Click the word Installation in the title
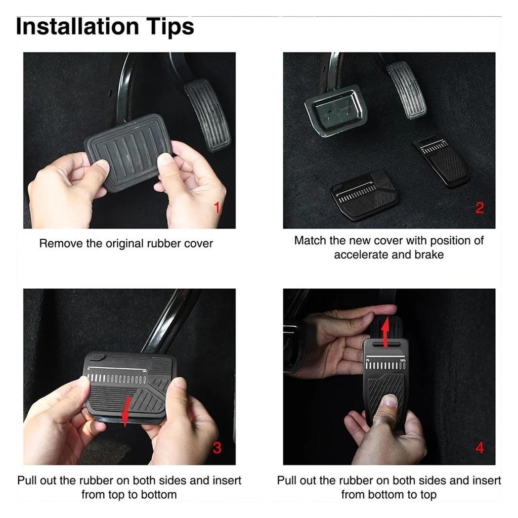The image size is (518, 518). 77,26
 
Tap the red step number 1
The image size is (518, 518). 217,208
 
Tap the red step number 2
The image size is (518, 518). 480,208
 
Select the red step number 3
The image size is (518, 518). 217,448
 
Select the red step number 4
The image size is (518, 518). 480,448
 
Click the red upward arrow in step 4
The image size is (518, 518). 384,334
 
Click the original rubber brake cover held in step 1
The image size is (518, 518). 129,152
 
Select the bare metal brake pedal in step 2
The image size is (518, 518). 336,111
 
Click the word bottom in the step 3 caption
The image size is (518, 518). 159,495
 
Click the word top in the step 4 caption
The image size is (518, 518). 428,495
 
